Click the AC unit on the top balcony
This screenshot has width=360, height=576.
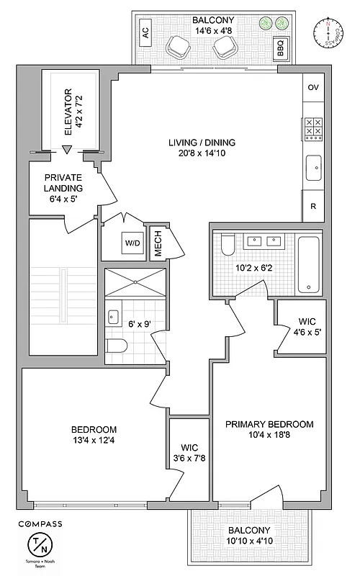pos(145,33)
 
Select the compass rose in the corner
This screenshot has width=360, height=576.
pos(328,34)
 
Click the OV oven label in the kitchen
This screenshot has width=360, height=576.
pos(313,87)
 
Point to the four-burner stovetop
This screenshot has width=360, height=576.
pos(313,127)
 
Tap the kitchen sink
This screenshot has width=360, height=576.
pos(313,168)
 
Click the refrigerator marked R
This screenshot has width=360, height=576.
pos(313,206)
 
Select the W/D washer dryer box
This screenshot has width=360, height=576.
pos(133,243)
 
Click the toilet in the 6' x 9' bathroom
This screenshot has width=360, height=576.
pos(118,346)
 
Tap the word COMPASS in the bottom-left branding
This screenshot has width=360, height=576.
pos(40,524)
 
